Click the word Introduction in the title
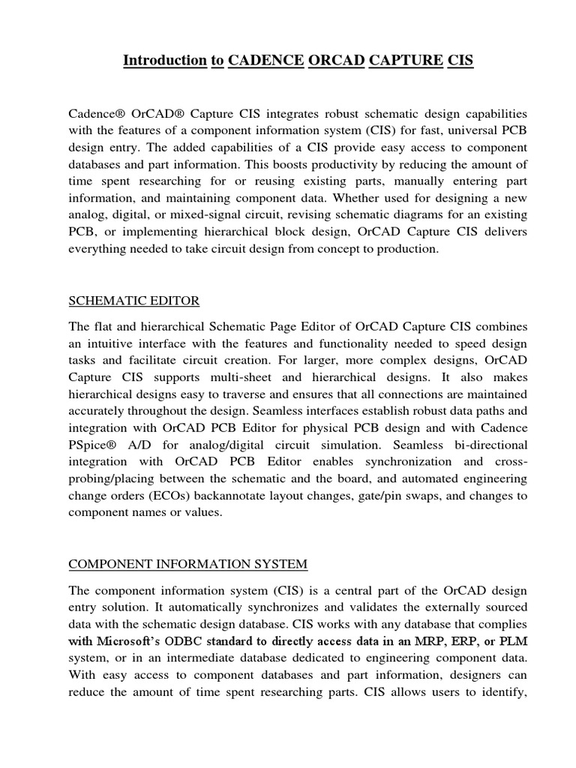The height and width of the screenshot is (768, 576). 164,61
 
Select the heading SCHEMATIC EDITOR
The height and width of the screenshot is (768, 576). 134,301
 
